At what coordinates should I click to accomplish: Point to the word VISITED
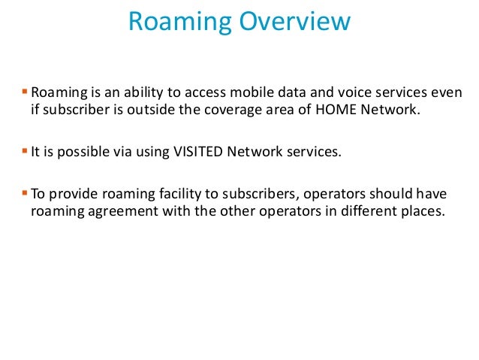200,153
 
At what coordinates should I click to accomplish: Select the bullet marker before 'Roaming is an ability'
24,92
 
